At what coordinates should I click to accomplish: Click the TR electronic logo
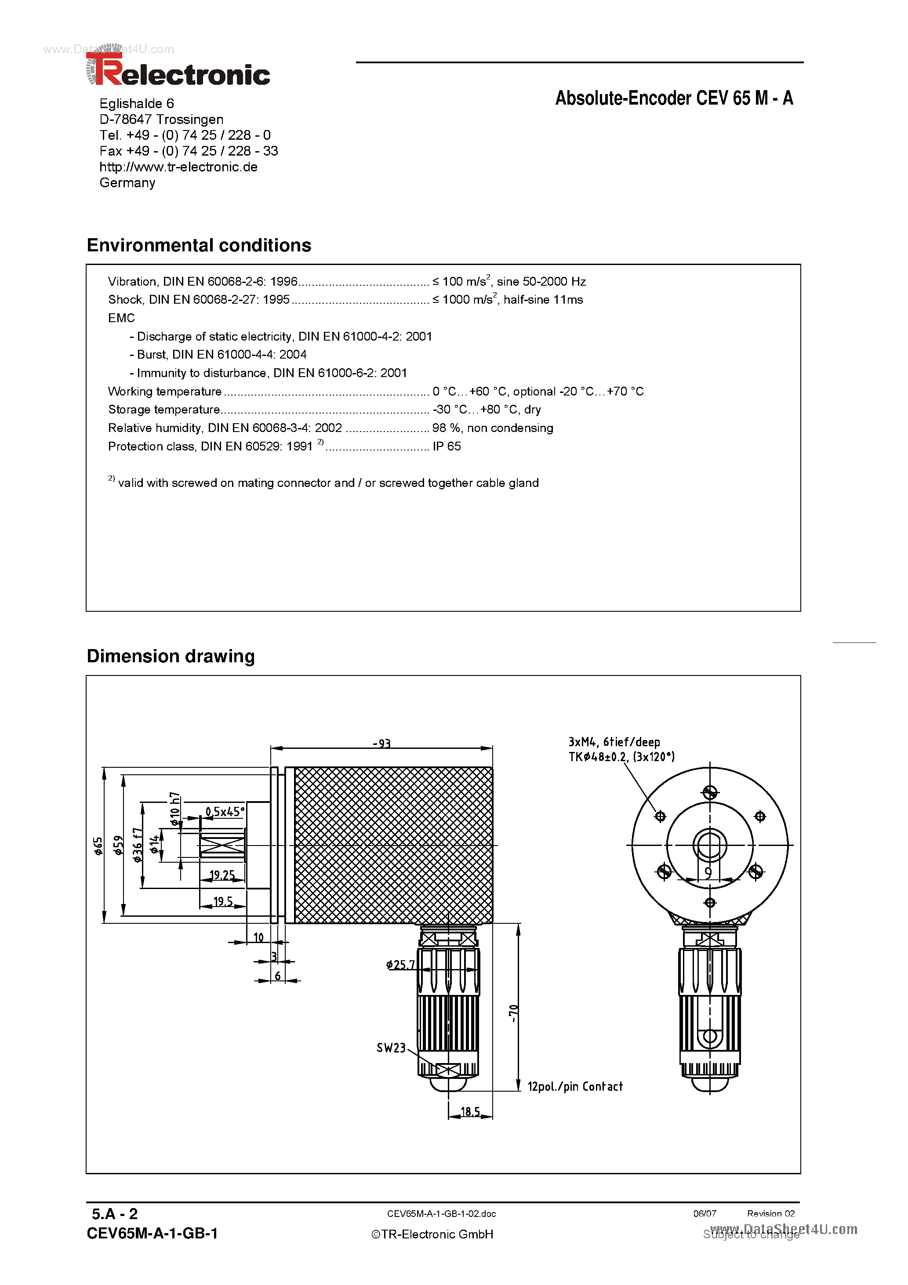(178, 72)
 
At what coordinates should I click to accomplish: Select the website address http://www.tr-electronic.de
(178, 167)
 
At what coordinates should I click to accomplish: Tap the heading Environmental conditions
(199, 245)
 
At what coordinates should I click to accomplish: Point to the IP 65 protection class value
(446, 446)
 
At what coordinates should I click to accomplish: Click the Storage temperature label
(163, 409)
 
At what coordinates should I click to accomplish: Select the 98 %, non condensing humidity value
(492, 428)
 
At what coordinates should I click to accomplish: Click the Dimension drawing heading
(171, 656)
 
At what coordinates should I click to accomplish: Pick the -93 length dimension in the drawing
(381, 743)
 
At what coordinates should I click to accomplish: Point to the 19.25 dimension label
(222, 875)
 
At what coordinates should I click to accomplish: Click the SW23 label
(391, 1048)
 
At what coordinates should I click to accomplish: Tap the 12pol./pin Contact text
(574, 1086)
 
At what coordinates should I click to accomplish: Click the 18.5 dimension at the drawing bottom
(470, 1111)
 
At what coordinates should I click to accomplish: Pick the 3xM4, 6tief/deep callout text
(614, 742)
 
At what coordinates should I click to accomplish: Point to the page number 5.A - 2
(115, 1214)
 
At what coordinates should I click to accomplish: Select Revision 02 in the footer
(770, 1213)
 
